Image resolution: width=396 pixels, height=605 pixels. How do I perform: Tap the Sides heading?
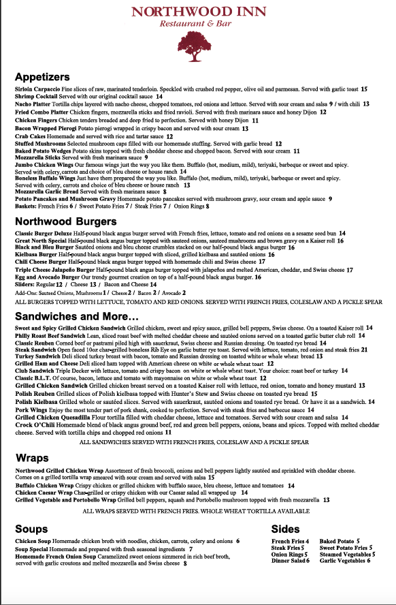[286, 529]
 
